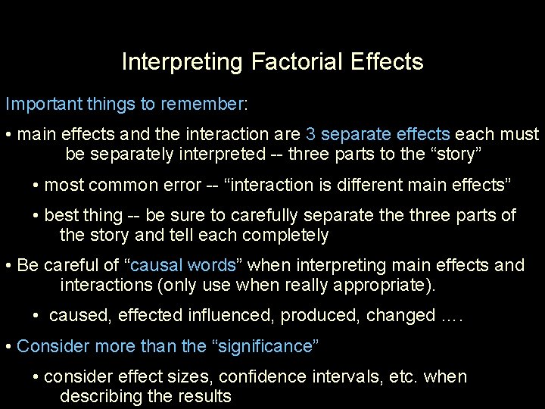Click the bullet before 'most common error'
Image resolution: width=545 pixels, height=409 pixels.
pos(37,186)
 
